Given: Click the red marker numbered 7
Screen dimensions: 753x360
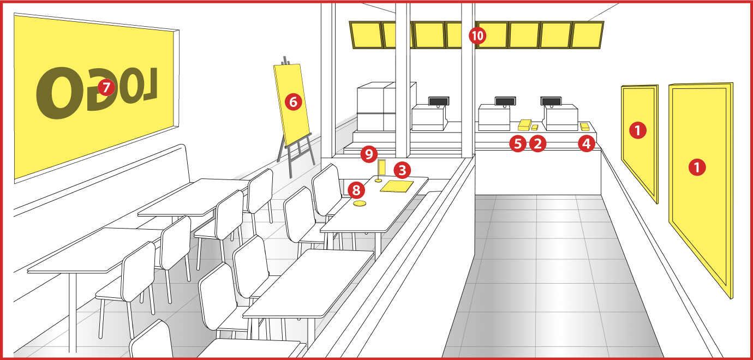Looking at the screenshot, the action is click(x=106, y=87).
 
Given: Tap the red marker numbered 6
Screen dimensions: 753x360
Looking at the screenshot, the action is click(x=293, y=102).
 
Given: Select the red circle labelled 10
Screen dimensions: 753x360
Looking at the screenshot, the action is click(x=477, y=35).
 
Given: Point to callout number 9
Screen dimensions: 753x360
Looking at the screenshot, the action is click(x=369, y=154).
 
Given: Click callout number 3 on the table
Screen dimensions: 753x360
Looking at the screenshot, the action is click(x=402, y=170).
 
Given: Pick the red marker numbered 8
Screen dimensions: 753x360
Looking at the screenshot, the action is click(x=356, y=190).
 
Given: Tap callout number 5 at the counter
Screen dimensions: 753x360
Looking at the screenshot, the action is click(x=518, y=143).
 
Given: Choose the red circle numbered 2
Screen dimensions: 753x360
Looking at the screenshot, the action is click(x=537, y=143).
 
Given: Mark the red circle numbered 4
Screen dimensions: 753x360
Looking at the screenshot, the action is click(x=587, y=143).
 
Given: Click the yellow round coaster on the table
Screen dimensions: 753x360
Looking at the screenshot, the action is click(x=360, y=203).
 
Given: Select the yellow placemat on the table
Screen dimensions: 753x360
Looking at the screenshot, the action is click(x=397, y=187).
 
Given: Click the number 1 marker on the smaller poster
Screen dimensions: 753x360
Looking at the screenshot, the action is click(x=638, y=130).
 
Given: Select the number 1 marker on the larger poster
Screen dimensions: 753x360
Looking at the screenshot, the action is click(x=697, y=167).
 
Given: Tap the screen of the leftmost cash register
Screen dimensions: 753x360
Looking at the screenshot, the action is click(x=439, y=101).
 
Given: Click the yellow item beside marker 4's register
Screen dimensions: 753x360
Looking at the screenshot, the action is click(x=585, y=127).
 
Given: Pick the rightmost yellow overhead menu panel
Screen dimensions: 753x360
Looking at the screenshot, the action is click(x=587, y=35).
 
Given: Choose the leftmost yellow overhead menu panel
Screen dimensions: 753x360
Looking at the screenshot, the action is click(x=366, y=35).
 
